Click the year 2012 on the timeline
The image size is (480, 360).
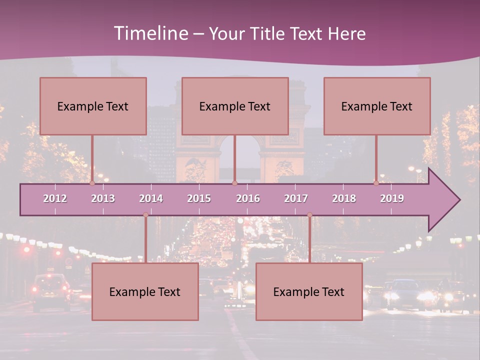55,198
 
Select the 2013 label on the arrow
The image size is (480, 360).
103,198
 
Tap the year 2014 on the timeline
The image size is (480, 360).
151,198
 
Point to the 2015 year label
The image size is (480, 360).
199,198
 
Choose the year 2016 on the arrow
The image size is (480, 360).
248,198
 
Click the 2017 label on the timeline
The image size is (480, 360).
296,198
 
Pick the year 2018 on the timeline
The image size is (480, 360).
344,198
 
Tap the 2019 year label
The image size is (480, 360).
392,198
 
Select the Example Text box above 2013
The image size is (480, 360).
93,106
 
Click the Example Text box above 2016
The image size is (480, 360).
235,106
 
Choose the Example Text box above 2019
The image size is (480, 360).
377,106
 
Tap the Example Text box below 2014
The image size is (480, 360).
145,291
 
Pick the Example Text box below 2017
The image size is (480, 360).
309,291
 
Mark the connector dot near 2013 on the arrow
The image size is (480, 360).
92,183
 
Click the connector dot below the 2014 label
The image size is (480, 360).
145,215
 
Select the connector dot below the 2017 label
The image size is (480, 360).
309,215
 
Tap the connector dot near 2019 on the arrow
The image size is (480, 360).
376,183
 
